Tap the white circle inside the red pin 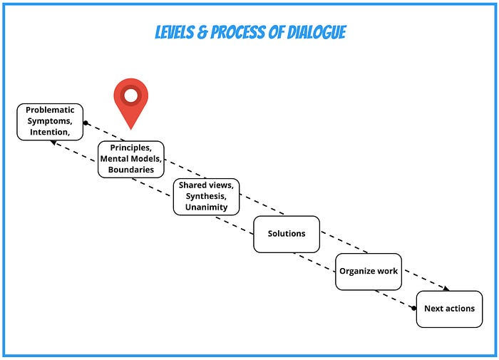(x=131, y=94)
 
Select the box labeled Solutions (x=286, y=234)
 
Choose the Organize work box (x=369, y=271)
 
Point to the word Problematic (x=50, y=110)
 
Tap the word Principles (x=131, y=147)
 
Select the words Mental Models (x=131, y=158)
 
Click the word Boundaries (x=131, y=170)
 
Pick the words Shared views (x=207, y=185)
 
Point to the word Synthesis (x=207, y=196)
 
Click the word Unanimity (x=207, y=207)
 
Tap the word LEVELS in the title (x=178, y=33)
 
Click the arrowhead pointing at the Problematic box (x=52, y=141)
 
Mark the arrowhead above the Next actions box (x=446, y=289)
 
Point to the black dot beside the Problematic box (x=86, y=123)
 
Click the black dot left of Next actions (x=414, y=308)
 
